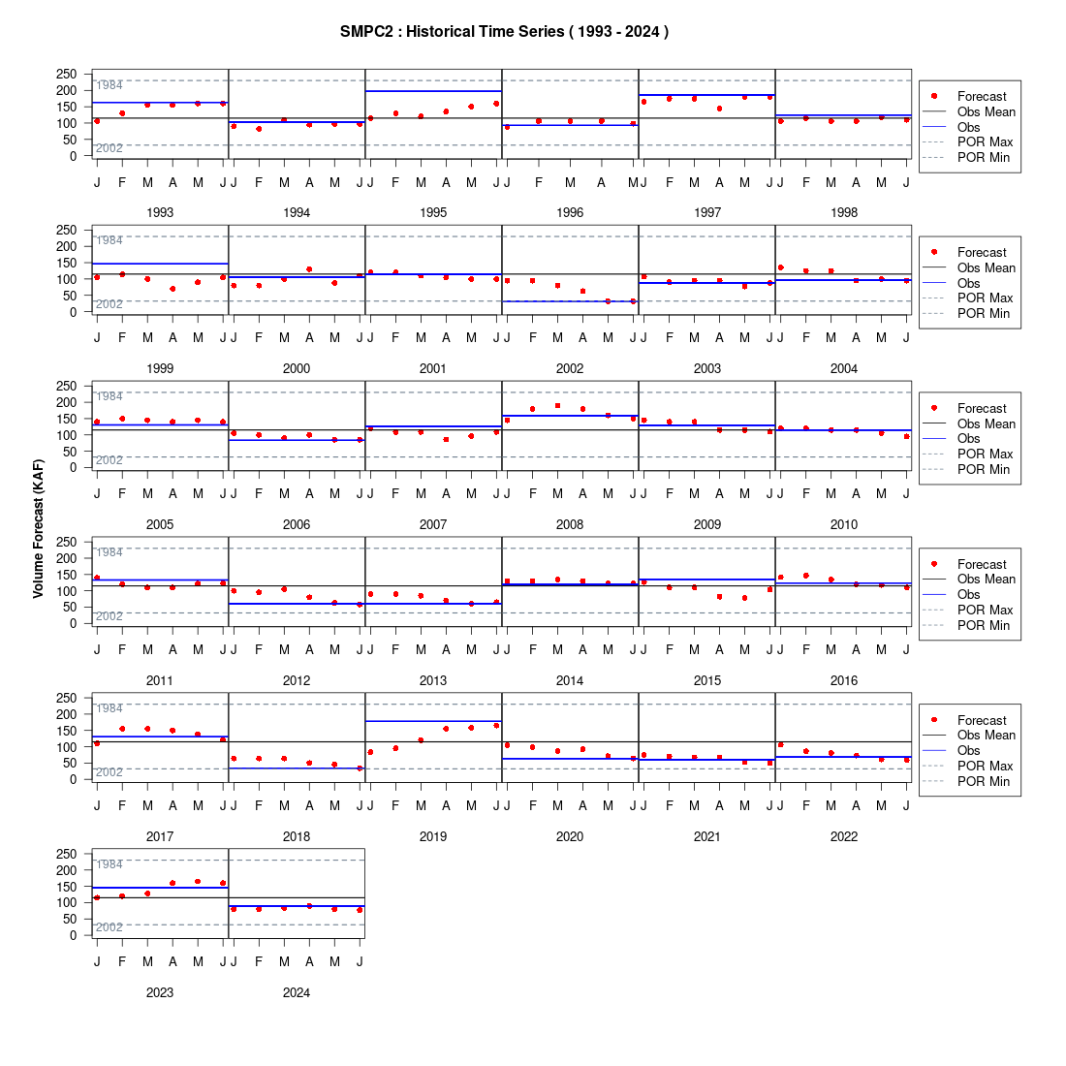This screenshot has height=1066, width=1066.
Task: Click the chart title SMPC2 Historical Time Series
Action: (504, 32)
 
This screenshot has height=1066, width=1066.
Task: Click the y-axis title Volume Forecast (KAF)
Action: (38, 528)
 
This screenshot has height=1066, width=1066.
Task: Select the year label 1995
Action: (433, 213)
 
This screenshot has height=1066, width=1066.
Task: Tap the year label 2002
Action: (570, 368)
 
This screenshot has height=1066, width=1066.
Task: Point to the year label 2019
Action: (433, 837)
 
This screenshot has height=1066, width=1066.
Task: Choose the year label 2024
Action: (297, 992)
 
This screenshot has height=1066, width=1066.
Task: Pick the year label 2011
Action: (160, 680)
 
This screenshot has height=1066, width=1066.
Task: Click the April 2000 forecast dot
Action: (309, 270)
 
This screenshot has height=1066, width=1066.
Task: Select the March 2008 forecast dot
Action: (557, 406)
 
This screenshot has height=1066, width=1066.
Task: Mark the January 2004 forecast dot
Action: (780, 267)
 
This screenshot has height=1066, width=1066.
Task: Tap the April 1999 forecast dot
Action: (172, 289)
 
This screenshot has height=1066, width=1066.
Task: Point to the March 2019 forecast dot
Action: (421, 740)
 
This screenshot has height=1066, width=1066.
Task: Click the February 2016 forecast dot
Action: (805, 576)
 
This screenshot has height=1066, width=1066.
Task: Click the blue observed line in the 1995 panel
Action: (433, 91)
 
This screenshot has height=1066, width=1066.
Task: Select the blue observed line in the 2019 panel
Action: (433, 721)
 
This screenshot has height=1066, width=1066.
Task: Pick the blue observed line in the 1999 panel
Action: (160, 264)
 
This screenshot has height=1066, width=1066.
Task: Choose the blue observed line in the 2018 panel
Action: (297, 768)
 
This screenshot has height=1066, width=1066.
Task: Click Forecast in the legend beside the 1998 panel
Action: (982, 97)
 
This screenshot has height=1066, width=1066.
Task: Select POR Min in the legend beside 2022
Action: (983, 782)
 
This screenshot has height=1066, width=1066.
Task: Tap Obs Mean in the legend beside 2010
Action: (987, 424)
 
